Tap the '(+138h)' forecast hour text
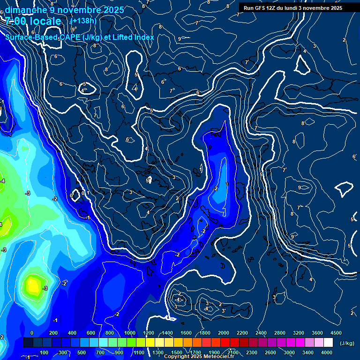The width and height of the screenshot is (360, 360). pos(84,21)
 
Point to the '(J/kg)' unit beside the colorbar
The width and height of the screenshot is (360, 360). pos(346,344)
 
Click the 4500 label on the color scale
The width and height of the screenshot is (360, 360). pos(336,333)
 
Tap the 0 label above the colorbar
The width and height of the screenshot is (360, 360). pos(32,333)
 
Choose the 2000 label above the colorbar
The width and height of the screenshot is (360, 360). pos(224,333)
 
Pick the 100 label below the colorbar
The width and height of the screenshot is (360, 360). pos(45,352)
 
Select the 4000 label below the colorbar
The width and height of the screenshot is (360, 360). pos(327,352)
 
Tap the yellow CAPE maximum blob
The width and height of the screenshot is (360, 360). pos(33,285)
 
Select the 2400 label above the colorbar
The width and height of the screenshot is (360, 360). pos(261,333)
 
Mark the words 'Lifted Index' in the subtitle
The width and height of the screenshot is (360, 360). pos(132,37)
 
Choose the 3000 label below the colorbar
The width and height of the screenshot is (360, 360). pos(289,352)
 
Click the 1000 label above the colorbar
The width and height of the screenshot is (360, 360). pos(130,333)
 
